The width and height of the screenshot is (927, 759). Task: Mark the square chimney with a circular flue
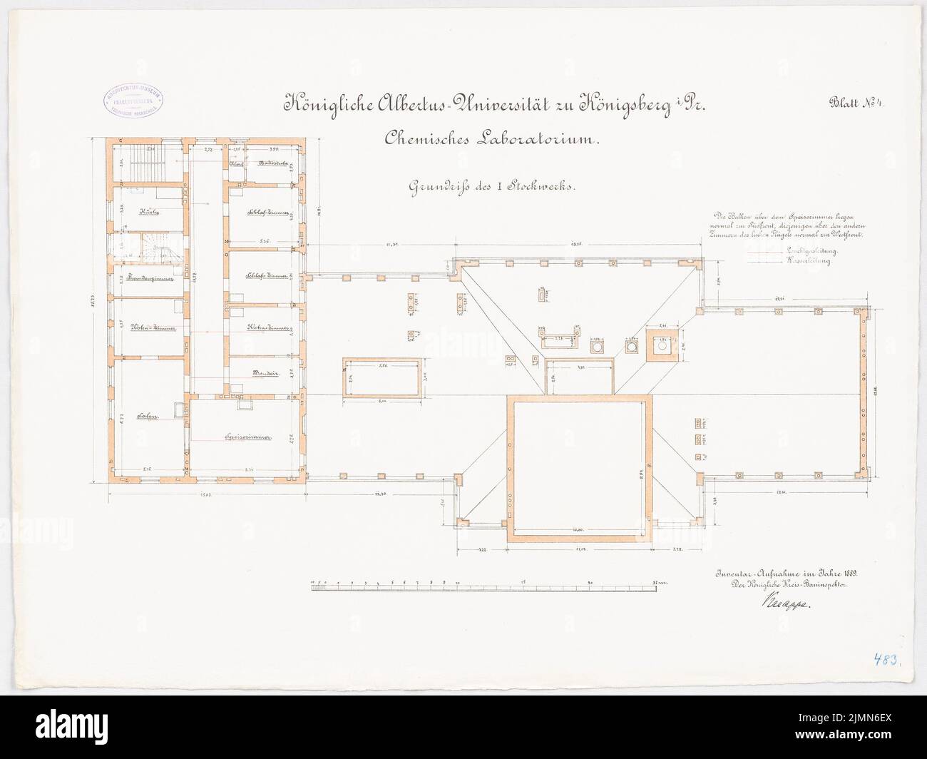[x=662, y=345]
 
